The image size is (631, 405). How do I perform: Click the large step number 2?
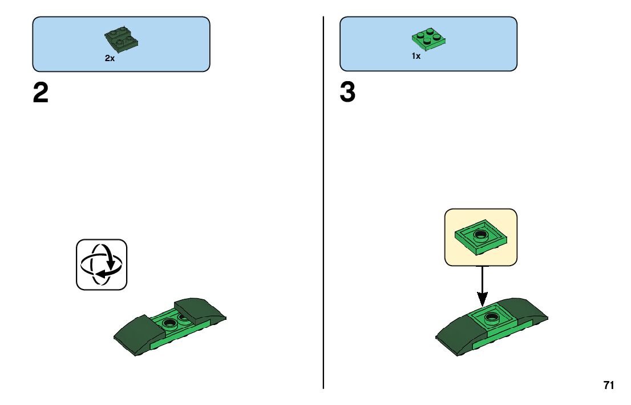coord(41,94)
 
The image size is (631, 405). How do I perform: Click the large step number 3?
coord(347,94)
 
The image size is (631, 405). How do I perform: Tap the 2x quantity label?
coord(110,58)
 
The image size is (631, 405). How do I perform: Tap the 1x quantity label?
coord(416,56)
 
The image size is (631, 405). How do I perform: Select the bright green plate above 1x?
coord(428,38)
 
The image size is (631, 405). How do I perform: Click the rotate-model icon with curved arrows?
coord(102,264)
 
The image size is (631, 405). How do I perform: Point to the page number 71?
coord(609,386)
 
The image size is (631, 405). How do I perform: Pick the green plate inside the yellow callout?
coord(481,238)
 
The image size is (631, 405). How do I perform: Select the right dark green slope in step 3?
coord(522,311)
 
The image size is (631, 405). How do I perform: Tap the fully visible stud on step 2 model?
coord(169,323)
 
